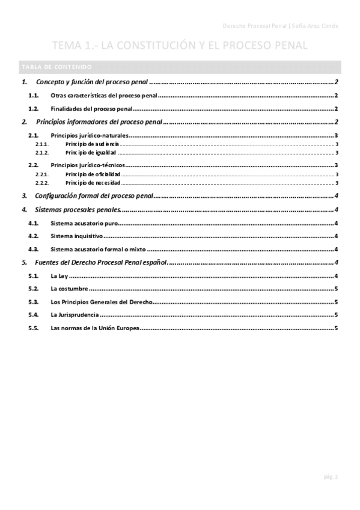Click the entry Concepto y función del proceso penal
[x=91, y=82]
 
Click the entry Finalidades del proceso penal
[x=91, y=109]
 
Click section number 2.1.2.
[x=41, y=153]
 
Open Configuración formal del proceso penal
[x=93, y=196]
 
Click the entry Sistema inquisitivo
[x=78, y=236]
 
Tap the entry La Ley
[x=61, y=276]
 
